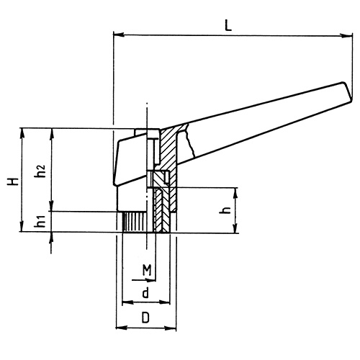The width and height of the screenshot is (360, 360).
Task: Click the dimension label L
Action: point(228,24)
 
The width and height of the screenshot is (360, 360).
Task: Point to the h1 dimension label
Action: point(41,222)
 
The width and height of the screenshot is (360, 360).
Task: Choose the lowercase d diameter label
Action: point(145,292)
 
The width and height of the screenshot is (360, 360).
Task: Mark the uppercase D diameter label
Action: point(145,318)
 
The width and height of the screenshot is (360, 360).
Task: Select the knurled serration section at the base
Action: point(133,222)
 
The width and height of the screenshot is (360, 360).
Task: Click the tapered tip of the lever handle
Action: point(351,92)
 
